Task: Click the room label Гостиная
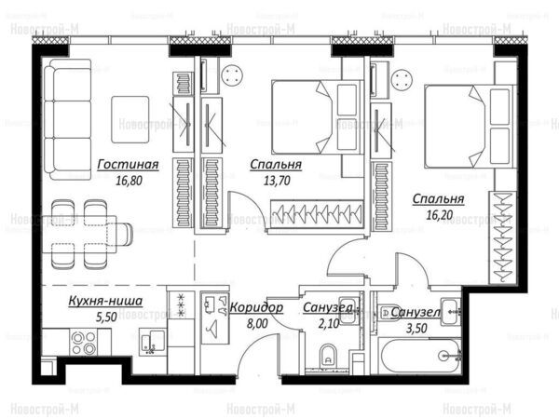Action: [128, 164]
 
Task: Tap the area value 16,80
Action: [129, 181]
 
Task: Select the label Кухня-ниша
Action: [105, 301]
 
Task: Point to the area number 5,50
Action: [106, 317]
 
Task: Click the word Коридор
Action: [257, 307]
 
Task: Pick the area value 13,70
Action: [277, 181]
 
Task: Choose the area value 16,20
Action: [439, 215]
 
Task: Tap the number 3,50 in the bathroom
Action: [416, 328]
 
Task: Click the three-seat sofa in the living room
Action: [68, 119]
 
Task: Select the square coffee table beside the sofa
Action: [130, 119]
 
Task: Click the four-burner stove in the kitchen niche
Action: [84, 343]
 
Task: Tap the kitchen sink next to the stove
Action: [152, 342]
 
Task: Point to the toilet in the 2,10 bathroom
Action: [328, 356]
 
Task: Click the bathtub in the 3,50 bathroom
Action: [421, 356]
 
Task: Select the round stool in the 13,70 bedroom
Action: [232, 75]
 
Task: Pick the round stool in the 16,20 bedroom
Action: [402, 80]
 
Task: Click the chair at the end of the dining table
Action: [124, 234]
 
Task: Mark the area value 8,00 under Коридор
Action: [257, 323]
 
